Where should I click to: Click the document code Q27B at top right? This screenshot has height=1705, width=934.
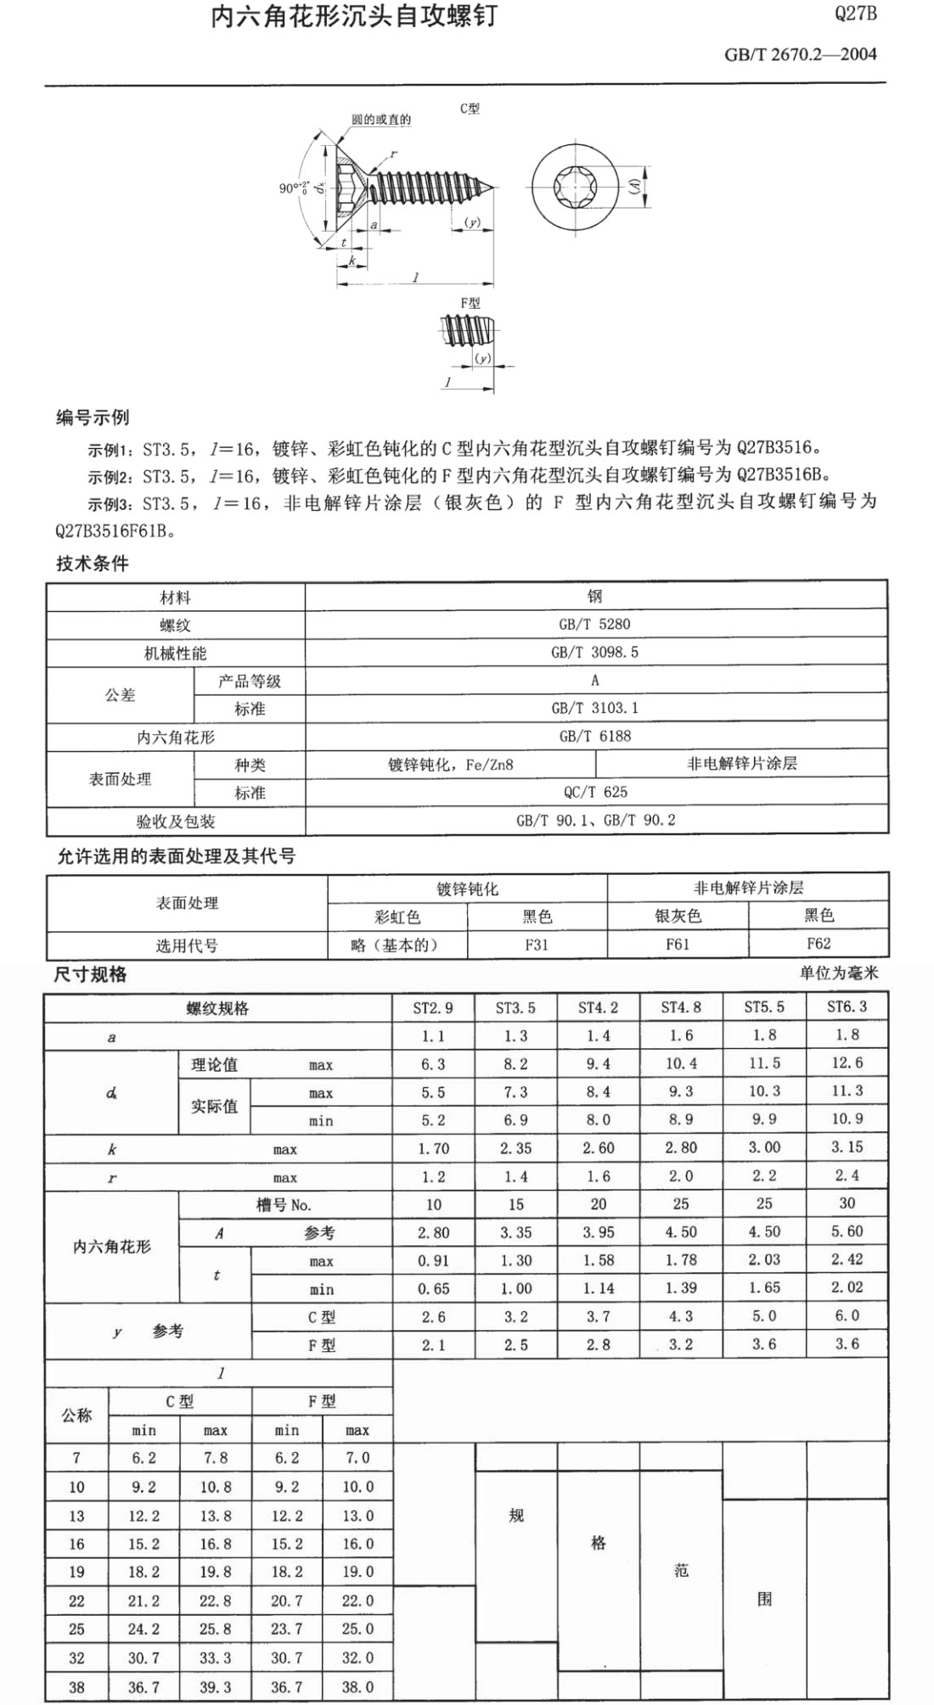(x=855, y=14)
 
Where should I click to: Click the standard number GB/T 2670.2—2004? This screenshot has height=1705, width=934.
(x=800, y=54)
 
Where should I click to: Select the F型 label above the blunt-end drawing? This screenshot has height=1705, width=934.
(x=470, y=303)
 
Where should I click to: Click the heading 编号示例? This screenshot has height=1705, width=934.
(x=93, y=418)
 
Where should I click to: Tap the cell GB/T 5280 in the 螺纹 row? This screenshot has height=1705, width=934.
(x=594, y=625)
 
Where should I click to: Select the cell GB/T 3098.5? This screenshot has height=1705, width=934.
(x=594, y=653)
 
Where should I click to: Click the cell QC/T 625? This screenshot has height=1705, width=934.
(x=595, y=792)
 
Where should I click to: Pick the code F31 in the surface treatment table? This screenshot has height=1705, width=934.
(x=537, y=945)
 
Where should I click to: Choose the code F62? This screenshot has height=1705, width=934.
(x=819, y=944)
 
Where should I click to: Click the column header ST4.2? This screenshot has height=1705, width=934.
(x=598, y=1008)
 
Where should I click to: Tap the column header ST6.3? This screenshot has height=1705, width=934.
(x=847, y=1007)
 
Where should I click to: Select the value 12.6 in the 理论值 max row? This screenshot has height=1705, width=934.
(x=847, y=1063)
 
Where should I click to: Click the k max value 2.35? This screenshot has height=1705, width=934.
(x=515, y=1148)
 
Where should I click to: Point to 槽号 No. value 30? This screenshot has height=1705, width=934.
(x=847, y=1203)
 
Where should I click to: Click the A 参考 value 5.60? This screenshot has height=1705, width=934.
(x=847, y=1231)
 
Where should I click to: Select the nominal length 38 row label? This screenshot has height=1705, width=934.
(x=76, y=1687)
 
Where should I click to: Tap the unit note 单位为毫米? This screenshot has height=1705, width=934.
(x=838, y=973)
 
